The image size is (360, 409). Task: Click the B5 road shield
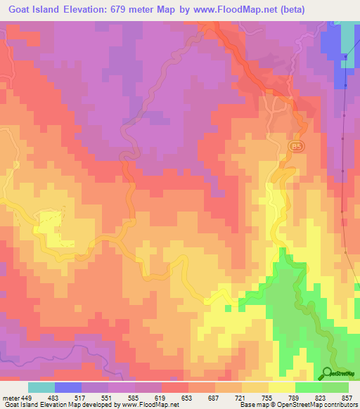pyautogui.click(x=295, y=145)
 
